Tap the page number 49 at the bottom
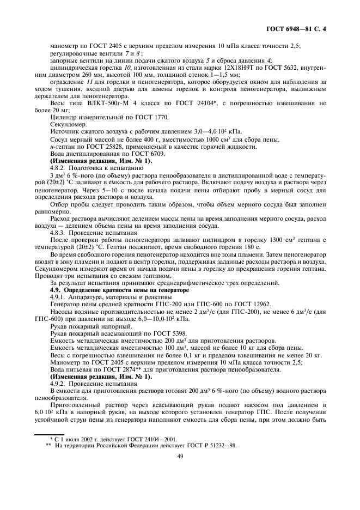tap(179, 471)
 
